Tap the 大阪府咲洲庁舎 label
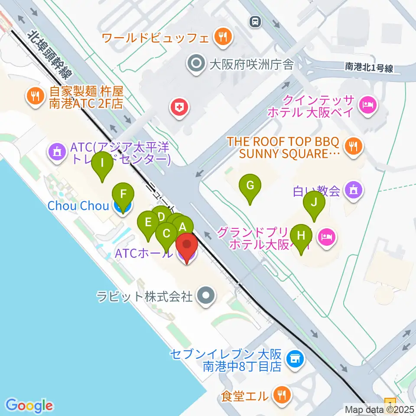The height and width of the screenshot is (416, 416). (x=251, y=65)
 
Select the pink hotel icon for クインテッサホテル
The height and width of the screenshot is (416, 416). (x=368, y=104)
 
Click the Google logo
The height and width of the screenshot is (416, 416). (x=29, y=405)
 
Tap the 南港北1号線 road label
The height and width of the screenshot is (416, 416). (x=369, y=67)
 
